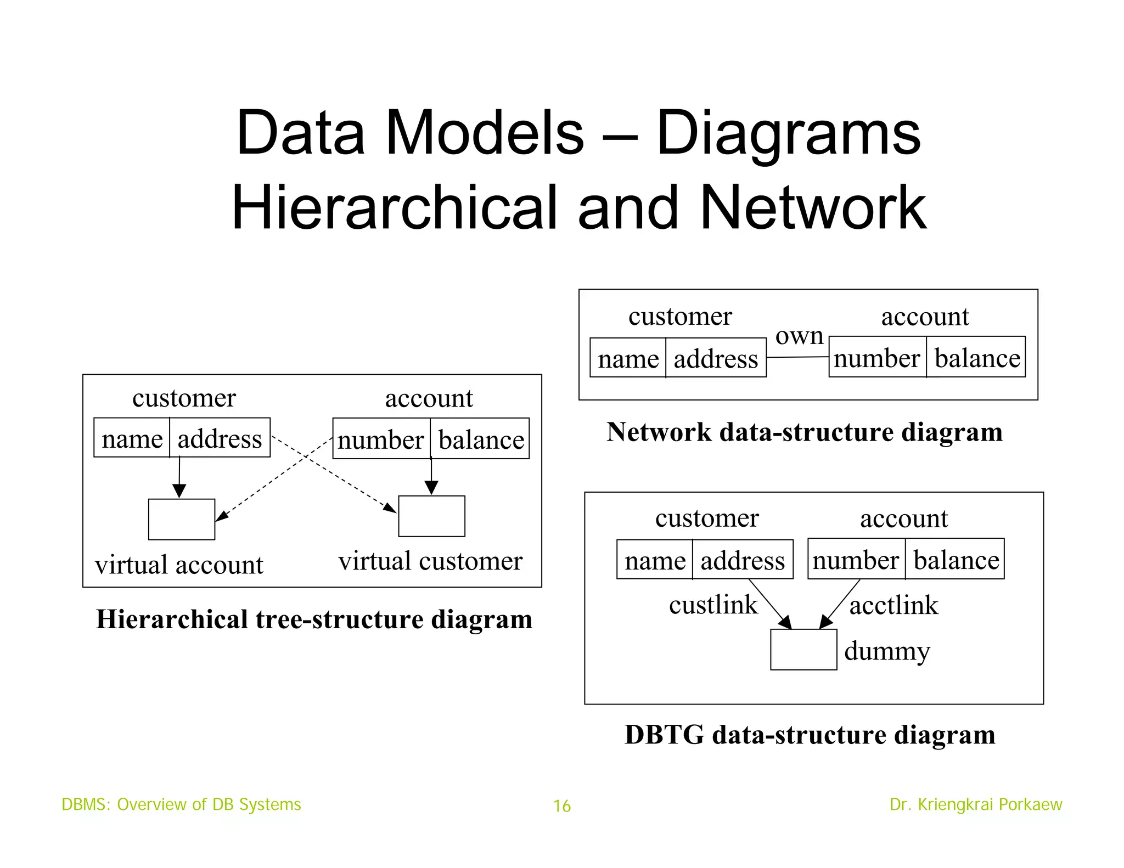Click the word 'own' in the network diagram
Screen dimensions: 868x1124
(x=799, y=336)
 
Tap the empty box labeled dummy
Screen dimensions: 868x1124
(x=803, y=650)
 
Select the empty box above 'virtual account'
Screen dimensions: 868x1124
(x=182, y=519)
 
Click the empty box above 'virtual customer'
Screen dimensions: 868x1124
(x=431, y=516)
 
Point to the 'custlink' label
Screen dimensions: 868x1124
(x=713, y=605)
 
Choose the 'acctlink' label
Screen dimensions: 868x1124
(x=893, y=606)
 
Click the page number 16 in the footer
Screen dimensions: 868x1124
(x=562, y=806)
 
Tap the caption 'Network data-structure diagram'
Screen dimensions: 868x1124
(x=804, y=432)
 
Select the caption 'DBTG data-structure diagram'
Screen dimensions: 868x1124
(x=810, y=735)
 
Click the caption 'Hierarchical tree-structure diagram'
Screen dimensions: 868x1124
(x=314, y=619)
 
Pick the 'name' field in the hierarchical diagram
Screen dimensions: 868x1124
(x=132, y=439)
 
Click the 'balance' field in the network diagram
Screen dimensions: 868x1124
(x=977, y=358)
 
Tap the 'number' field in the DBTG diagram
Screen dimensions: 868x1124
(x=856, y=560)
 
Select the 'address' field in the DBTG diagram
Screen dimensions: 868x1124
(x=743, y=561)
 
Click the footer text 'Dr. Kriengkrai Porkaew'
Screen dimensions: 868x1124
(x=976, y=804)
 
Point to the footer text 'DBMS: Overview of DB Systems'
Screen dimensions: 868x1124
(x=181, y=804)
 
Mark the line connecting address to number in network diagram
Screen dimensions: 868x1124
(x=797, y=357)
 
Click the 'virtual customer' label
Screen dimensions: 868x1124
(x=430, y=561)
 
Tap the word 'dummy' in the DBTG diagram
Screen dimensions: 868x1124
(x=887, y=651)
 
